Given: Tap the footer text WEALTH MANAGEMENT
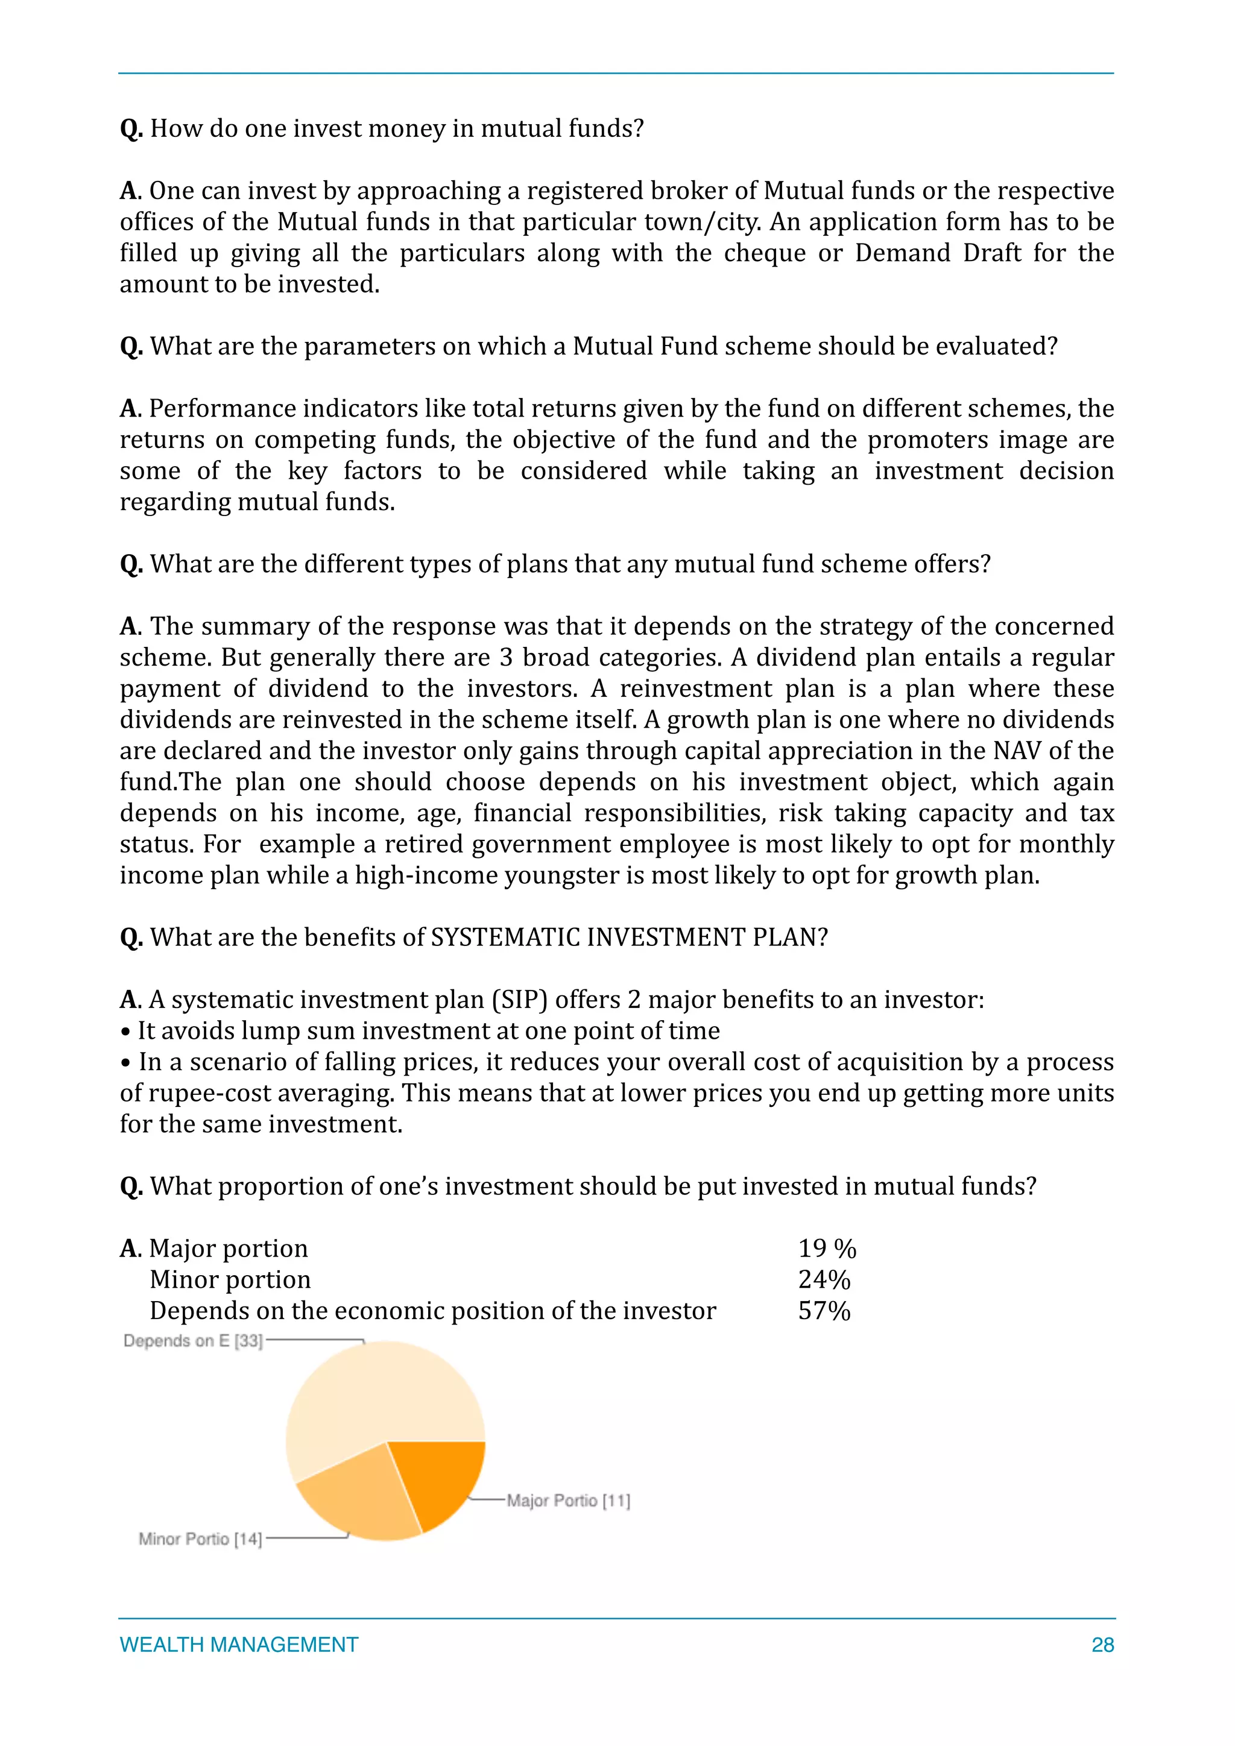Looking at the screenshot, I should [239, 1645].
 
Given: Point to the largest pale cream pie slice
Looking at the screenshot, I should [373, 1399].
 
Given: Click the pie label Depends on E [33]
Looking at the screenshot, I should [193, 1341].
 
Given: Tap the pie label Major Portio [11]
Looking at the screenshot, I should [568, 1501].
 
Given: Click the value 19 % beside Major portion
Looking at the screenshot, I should [827, 1249].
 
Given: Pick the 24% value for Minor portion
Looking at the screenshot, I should [824, 1280].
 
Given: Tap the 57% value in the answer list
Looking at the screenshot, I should [824, 1311].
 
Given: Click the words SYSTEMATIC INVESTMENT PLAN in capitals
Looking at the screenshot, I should [629, 938].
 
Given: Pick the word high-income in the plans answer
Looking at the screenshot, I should [426, 876].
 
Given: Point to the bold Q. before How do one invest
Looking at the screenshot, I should [131, 129].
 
